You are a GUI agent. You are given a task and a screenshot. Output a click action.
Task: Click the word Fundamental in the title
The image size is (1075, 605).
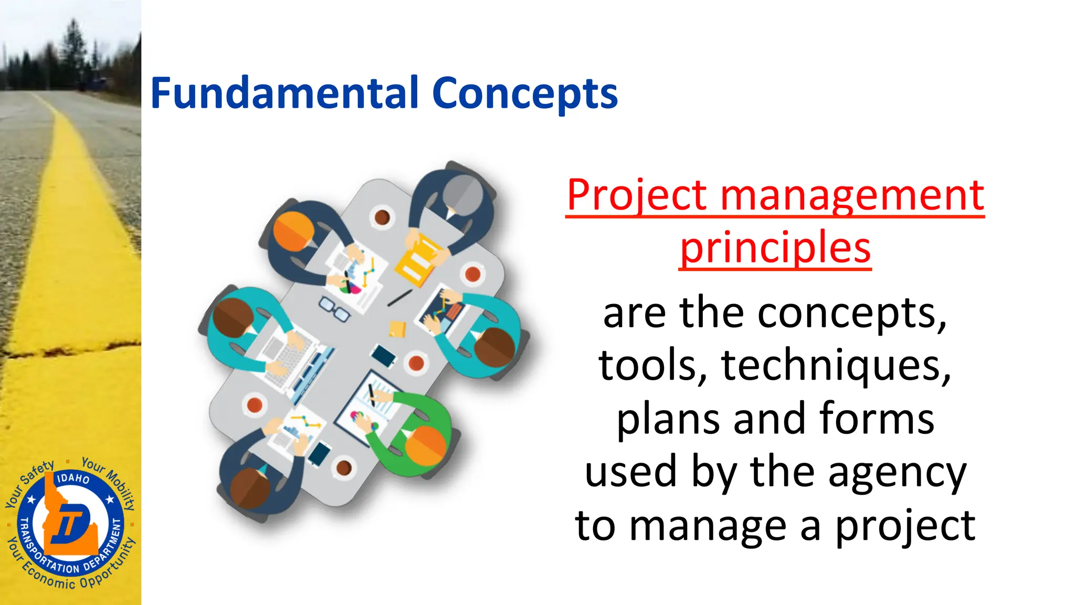click(x=284, y=93)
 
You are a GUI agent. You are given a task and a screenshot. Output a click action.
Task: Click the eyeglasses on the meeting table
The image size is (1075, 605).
click(x=334, y=309)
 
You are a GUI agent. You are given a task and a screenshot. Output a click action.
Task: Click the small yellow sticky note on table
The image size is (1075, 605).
click(x=397, y=329)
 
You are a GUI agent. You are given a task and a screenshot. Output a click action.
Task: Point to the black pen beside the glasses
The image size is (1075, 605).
click(x=399, y=298)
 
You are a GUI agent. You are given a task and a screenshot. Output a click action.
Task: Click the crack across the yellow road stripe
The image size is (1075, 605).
click(x=68, y=349)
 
